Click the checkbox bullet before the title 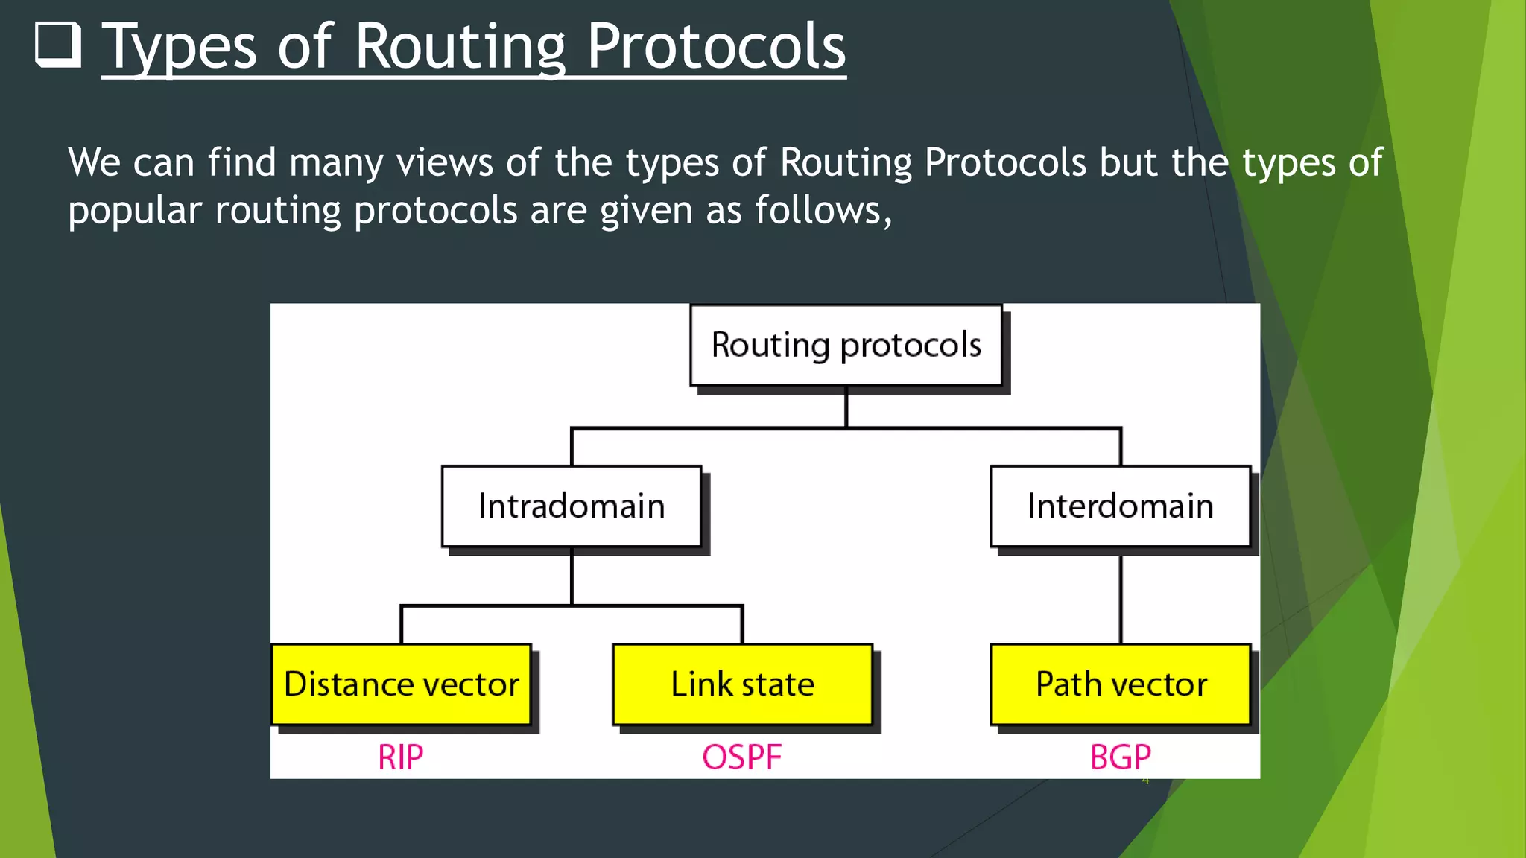pos(58,45)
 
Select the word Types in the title pos(179,48)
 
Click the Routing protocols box pos(846,345)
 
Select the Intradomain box pos(572,506)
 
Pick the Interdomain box pos(1120,506)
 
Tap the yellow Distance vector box pos(401,684)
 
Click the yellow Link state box pos(742,684)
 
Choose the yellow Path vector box pos(1120,684)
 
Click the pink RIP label pos(400,757)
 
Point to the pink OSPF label pos(741,757)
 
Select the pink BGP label pos(1120,757)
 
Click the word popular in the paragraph pos(135,211)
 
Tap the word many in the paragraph pos(336,162)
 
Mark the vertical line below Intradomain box pos(572,576)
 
